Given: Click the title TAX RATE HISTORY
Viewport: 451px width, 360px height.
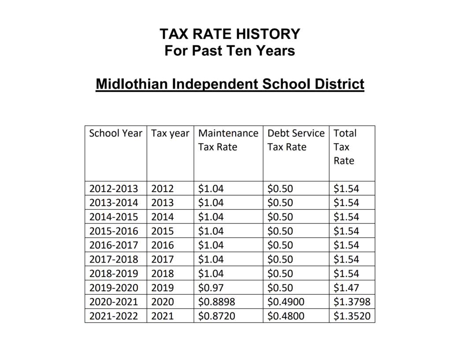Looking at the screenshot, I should [229, 34].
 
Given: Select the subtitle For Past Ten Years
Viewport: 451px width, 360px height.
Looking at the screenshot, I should [229, 51].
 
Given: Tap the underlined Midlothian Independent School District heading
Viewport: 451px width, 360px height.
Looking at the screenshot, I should [230, 83].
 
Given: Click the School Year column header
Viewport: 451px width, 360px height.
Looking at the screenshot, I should [115, 133].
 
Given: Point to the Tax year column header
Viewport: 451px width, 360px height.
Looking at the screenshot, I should [170, 133].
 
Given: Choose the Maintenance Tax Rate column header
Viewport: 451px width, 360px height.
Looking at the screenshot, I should [228, 140].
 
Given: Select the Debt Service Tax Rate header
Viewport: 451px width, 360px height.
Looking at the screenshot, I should [296, 140].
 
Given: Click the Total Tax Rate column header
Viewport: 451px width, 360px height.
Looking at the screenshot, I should [345, 147].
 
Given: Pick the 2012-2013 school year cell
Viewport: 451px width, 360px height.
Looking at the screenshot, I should [114, 189].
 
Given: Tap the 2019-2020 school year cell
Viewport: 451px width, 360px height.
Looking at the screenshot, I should [114, 288].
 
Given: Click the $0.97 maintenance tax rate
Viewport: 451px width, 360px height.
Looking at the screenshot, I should [211, 288].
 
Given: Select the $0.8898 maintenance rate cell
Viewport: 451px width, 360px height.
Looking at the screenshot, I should [216, 302].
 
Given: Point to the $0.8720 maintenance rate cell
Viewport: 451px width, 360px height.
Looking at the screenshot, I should [216, 316].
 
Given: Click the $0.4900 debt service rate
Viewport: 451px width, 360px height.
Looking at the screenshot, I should [285, 302].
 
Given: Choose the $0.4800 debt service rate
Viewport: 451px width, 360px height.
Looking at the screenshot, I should [285, 316].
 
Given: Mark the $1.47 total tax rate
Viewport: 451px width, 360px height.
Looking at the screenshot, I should [346, 288].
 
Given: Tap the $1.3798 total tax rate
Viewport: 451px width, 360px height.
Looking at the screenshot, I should [351, 302].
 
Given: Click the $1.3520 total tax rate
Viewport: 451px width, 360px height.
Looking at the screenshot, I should [351, 316].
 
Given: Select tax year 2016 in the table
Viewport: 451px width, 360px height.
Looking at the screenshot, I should [163, 245].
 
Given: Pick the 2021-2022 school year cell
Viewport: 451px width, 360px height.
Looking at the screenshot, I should [114, 316].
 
